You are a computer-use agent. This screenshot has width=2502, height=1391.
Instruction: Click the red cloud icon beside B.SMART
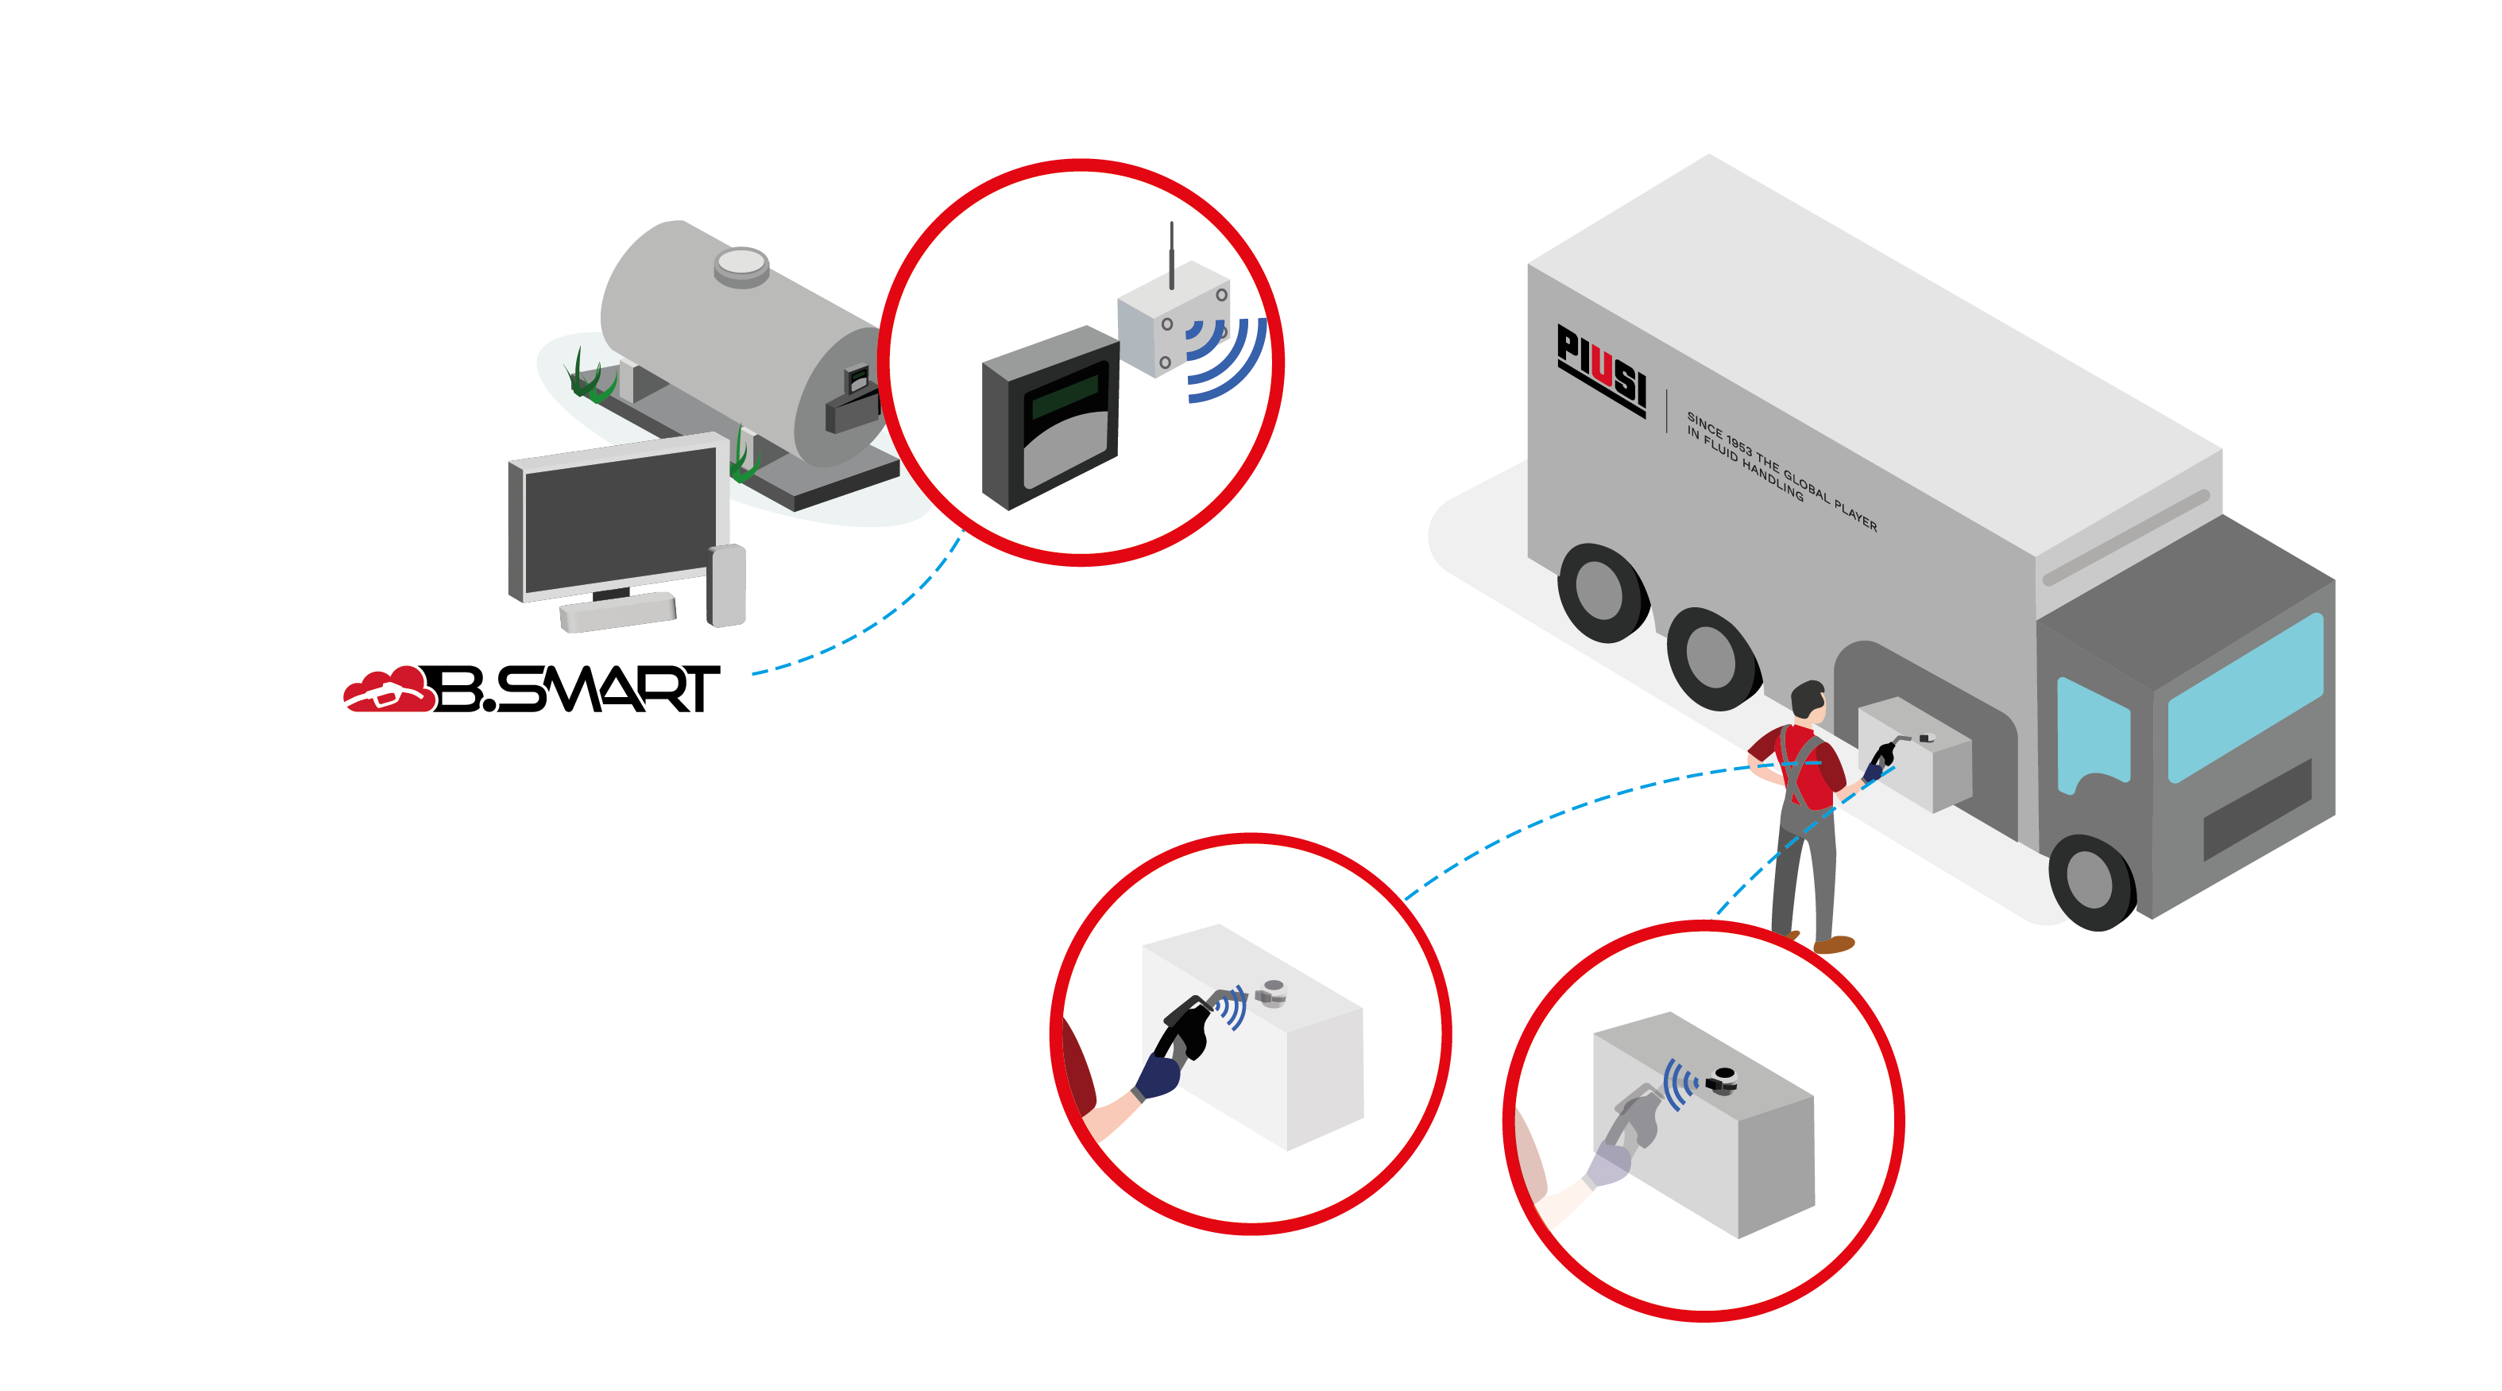[x=389, y=691]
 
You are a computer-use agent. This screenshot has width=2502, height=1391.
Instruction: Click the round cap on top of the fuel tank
[x=741, y=263]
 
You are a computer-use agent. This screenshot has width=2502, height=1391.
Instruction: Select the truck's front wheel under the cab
[x=2090, y=880]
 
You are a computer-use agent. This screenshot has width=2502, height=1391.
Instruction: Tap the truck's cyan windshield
[x=2245, y=695]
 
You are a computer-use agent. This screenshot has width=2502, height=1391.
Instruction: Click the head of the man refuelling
[x=1808, y=701]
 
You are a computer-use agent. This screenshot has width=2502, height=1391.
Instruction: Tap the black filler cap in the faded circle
[x=1724, y=1076]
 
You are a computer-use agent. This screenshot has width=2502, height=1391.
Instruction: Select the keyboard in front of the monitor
[x=617, y=612]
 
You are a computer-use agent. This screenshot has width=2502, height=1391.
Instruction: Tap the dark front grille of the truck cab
[x=2256, y=809]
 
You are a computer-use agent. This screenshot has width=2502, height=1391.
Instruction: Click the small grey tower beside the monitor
[x=726, y=585]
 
